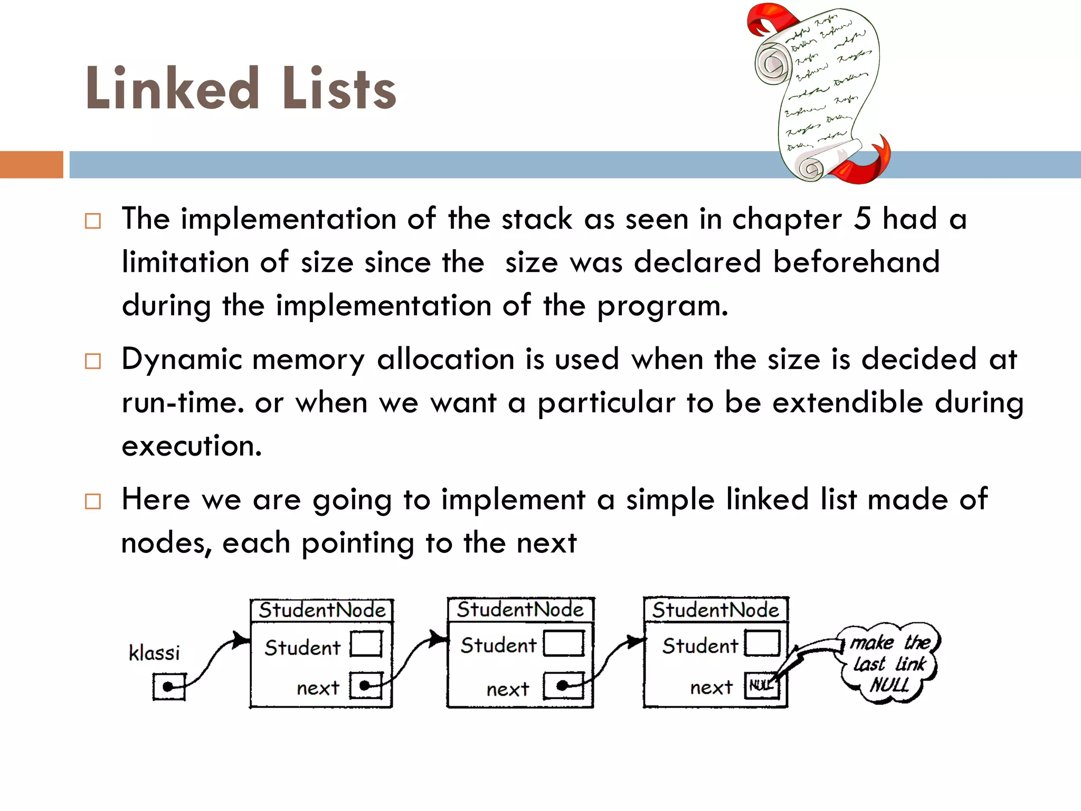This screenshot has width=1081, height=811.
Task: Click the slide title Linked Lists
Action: [241, 89]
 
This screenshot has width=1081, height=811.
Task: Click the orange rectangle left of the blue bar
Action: [31, 165]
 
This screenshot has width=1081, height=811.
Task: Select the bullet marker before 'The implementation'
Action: [93, 221]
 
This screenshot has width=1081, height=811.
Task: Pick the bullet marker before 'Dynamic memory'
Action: [93, 361]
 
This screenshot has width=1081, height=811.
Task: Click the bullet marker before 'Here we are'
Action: [93, 501]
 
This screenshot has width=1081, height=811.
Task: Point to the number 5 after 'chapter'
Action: [862, 219]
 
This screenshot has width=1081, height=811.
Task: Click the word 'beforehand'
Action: [856, 262]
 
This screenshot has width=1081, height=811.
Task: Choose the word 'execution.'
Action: [192, 446]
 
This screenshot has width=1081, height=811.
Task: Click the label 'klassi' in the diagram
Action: [154, 653]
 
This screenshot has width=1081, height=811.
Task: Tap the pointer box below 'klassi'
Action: [169, 686]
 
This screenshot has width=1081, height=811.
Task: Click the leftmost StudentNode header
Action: [322, 610]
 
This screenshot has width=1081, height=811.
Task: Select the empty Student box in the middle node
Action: [564, 644]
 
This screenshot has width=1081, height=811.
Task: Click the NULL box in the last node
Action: [761, 685]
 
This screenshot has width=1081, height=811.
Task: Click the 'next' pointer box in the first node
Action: [366, 685]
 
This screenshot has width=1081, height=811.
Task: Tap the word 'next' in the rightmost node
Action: [711, 687]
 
